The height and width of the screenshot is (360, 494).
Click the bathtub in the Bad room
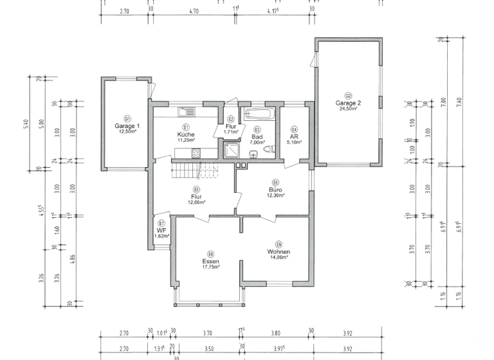(x=258, y=116)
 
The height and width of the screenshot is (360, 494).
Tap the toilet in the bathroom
(x=268, y=150)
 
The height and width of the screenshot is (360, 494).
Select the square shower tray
(x=230, y=150)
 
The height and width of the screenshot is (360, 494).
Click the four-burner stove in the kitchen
(x=196, y=152)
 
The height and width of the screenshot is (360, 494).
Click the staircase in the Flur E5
(x=193, y=170)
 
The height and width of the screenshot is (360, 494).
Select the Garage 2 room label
(x=348, y=103)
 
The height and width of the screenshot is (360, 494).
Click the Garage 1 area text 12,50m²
(x=127, y=131)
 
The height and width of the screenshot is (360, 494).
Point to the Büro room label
(x=275, y=190)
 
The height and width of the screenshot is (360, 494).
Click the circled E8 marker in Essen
(x=211, y=254)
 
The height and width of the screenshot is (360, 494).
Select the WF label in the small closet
(x=161, y=230)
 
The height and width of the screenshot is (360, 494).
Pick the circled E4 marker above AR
(x=294, y=129)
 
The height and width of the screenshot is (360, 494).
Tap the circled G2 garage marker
(x=348, y=95)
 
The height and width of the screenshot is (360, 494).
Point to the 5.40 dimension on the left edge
(x=26, y=123)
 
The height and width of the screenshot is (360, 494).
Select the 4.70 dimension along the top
(x=194, y=10)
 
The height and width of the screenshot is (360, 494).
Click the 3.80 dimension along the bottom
(x=276, y=333)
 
